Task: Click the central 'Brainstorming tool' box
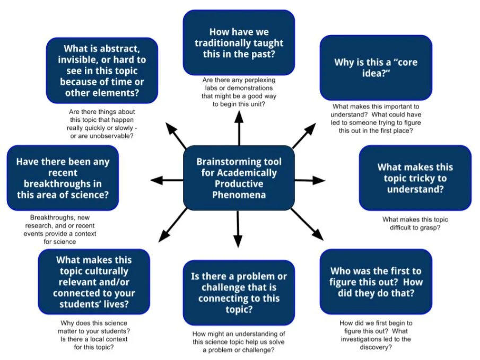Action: click(239, 178)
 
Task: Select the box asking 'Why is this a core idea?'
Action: click(376, 68)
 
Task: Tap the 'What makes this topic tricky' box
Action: click(415, 178)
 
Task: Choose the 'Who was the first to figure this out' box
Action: click(376, 281)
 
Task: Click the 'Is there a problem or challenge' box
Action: click(239, 292)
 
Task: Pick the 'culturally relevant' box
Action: click(94, 282)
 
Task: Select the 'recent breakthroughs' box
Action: click(63, 178)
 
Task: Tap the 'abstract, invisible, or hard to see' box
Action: click(102, 70)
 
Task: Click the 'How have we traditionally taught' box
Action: click(239, 43)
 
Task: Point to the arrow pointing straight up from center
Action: click(239, 127)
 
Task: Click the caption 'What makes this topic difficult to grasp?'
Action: click(415, 223)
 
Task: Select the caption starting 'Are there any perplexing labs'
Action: click(239, 92)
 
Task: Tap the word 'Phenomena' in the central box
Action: click(239, 195)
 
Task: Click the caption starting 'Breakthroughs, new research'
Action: click(63, 230)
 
